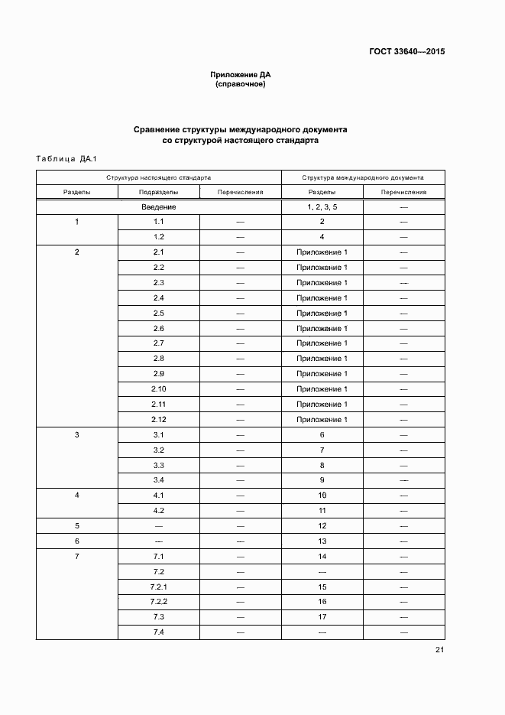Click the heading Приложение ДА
tap(241, 74)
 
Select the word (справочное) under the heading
tap(241, 84)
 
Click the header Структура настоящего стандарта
tap(158, 177)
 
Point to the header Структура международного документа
tap(363, 177)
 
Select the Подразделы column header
tap(159, 192)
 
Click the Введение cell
tap(159, 207)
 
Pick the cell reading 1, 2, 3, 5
tap(322, 207)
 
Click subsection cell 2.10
tap(159, 389)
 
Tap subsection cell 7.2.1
tap(159, 587)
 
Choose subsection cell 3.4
tap(159, 480)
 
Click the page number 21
tap(439, 650)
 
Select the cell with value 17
tap(322, 616)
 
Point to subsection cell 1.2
tap(159, 237)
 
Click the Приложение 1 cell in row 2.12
tap(322, 420)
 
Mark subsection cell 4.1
tap(159, 496)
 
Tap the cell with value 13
tap(322, 541)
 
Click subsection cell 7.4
tap(159, 632)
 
